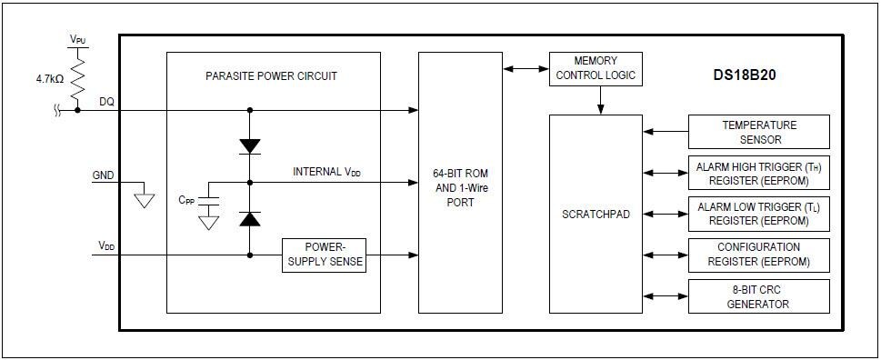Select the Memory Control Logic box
point(596,69)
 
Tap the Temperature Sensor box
point(759,132)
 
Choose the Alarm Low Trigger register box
point(759,215)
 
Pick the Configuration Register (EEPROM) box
point(759,255)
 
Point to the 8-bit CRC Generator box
point(759,296)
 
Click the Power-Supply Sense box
point(324,255)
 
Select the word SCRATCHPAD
point(596,215)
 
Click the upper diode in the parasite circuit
point(249,145)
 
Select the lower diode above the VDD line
point(249,218)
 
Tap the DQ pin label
point(106,102)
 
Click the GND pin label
point(104,175)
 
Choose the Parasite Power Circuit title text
point(271,76)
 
